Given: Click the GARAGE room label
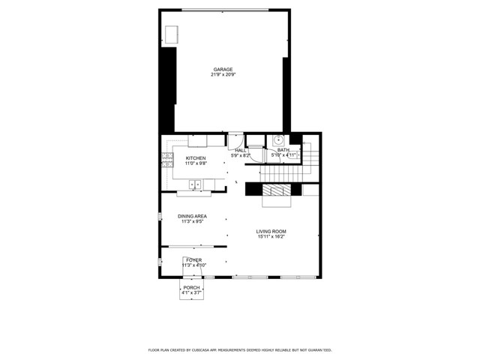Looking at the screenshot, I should pos(223,69).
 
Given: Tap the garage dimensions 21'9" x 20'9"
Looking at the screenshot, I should pos(223,75).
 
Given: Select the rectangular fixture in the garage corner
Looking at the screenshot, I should pos(172,34).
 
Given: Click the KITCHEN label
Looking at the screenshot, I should pos(196,158).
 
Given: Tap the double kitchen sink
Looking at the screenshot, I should pos(194,184).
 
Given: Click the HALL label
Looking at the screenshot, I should pos(240,150).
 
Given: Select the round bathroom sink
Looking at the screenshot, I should pos(277,139).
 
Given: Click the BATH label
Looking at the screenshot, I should pos(283,150).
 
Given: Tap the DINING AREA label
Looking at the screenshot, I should pos(192,216).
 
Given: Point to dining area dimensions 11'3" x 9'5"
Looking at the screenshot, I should pos(192,222).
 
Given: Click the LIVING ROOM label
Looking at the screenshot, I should pos(271,231).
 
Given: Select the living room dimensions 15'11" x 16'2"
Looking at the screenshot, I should pos(271,237).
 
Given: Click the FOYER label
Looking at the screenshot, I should pos(194,259).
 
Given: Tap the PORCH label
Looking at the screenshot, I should pos(191,287).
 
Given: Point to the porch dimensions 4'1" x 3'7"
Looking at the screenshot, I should pos(191,292).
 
